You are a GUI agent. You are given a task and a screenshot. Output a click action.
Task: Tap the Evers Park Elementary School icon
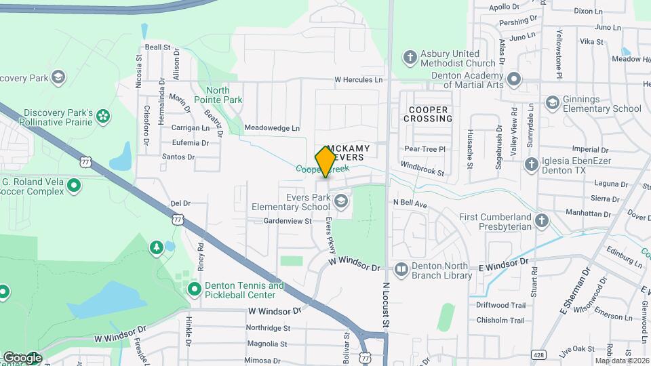click(341, 201)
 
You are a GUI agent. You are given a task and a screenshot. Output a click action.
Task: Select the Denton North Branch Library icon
click(401, 270)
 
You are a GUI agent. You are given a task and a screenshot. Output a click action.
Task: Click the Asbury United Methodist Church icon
click(410, 57)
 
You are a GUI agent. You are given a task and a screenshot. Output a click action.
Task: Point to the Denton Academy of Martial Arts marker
click(514, 79)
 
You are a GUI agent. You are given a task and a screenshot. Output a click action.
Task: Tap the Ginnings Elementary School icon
click(552, 103)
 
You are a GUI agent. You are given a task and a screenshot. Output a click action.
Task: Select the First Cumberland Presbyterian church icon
click(541, 221)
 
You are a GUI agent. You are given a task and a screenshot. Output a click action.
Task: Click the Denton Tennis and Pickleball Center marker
click(195, 290)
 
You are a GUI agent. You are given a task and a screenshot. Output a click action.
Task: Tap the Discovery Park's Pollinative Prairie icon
click(103, 117)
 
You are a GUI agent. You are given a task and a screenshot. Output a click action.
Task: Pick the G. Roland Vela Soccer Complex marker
click(75, 185)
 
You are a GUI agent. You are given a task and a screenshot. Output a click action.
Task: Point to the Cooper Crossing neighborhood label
click(428, 114)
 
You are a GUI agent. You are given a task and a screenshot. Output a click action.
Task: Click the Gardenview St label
click(287, 221)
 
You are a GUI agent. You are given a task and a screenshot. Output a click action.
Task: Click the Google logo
click(22, 357)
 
